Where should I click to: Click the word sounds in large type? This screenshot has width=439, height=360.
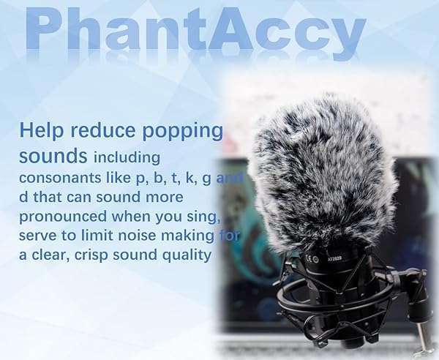(53, 156)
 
